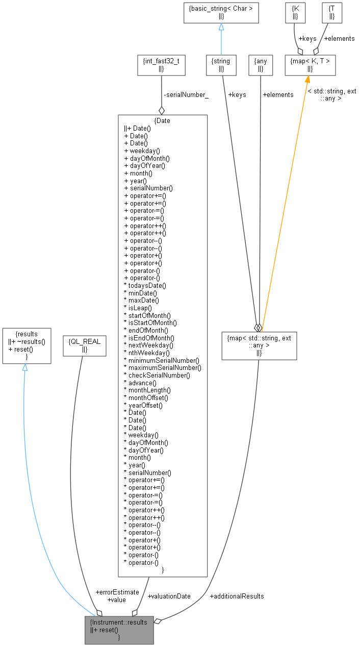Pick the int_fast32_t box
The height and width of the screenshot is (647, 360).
(x=161, y=64)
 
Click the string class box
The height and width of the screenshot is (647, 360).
(x=221, y=64)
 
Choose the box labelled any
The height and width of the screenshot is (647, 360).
(x=260, y=64)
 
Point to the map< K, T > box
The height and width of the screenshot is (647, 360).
(x=310, y=64)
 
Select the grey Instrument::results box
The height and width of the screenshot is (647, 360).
(x=119, y=629)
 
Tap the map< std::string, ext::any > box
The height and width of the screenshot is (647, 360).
(x=259, y=345)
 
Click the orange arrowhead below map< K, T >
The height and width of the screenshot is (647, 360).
(x=307, y=80)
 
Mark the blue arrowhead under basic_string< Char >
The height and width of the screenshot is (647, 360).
(x=221, y=27)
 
